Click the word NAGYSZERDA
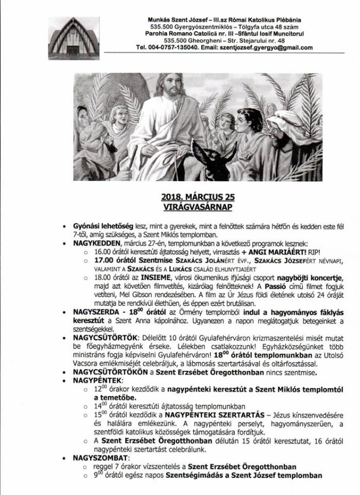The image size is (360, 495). [x=95, y=312]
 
